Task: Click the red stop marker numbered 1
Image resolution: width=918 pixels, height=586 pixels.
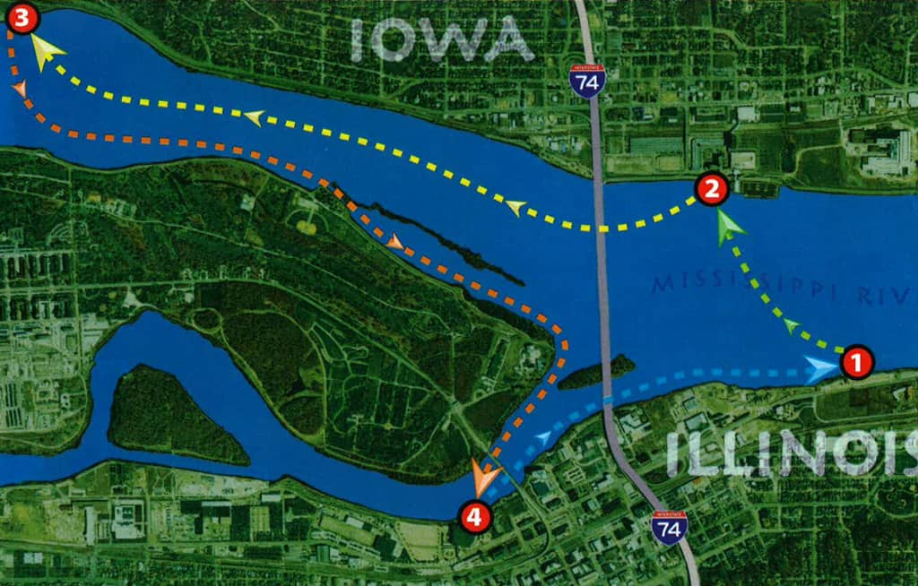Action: click(x=855, y=363)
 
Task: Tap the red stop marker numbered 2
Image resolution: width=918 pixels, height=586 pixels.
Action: click(x=711, y=189)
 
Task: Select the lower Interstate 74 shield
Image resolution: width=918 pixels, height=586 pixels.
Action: click(x=669, y=527)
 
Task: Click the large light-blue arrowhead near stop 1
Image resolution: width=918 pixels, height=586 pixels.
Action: click(x=820, y=369)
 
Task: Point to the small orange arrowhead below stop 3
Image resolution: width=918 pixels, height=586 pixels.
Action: click(x=20, y=88)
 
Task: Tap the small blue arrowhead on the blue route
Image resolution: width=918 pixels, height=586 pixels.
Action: click(x=542, y=437)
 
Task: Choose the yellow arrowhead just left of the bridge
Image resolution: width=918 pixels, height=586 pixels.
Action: click(x=515, y=208)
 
